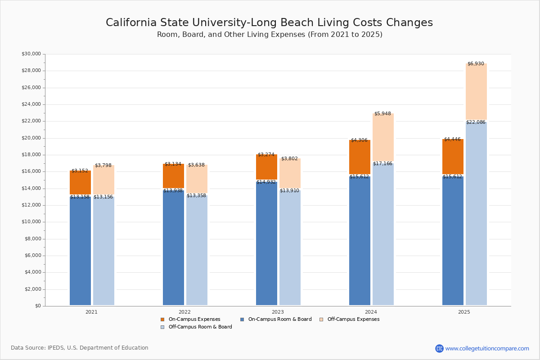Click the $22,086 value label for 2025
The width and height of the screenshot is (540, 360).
click(x=476, y=122)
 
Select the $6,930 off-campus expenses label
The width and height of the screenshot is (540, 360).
click(x=476, y=63)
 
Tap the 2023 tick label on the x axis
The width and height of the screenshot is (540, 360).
click(x=278, y=311)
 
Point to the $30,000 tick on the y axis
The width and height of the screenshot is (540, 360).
click(x=31, y=54)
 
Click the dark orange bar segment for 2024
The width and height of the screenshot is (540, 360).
click(x=360, y=157)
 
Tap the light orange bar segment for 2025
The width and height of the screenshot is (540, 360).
click(x=476, y=92)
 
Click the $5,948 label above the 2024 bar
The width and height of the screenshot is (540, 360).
click(x=382, y=113)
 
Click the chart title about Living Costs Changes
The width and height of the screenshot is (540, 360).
click(x=269, y=23)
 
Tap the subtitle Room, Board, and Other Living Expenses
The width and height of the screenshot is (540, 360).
click(x=270, y=35)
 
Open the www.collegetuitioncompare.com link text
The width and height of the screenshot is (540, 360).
click(x=487, y=348)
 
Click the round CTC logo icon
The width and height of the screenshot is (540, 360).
click(x=439, y=348)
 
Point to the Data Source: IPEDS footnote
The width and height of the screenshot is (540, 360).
click(x=80, y=348)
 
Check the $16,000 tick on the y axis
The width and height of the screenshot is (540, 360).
click(x=31, y=171)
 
